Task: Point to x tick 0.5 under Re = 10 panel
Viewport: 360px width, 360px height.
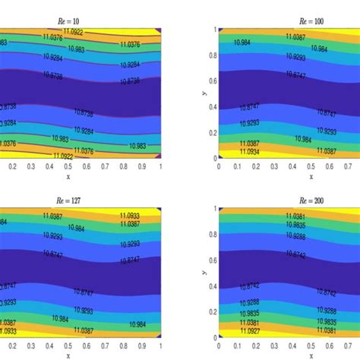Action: pyautogui.click(x=68, y=166)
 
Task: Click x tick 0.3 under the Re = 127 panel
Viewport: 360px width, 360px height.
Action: pyautogui.click(x=31, y=345)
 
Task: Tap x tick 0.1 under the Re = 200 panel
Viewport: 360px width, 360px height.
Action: pyautogui.click(x=236, y=345)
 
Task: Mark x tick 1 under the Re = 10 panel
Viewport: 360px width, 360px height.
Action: pyautogui.click(x=159, y=166)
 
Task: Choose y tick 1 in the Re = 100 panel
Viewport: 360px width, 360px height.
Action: pyautogui.click(x=214, y=30)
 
